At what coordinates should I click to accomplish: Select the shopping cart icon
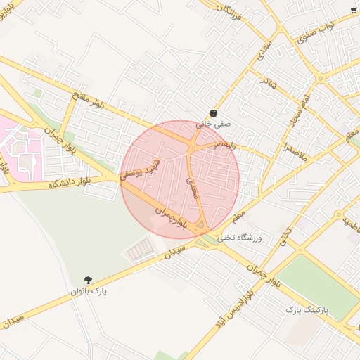pos(353,10)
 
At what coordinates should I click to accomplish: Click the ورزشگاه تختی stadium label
pos(240,238)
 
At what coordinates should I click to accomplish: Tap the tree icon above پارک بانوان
pos(89,279)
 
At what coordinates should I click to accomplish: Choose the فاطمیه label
pos(349,223)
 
